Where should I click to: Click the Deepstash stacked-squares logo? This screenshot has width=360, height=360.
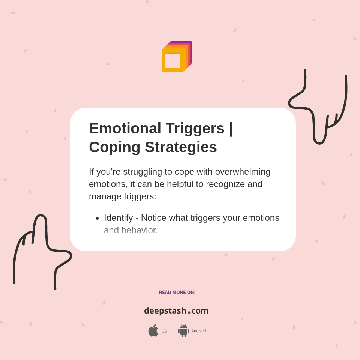pos(177,57)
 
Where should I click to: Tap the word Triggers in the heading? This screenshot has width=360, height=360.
pos(195,128)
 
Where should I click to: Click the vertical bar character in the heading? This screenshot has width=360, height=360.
pos(231,128)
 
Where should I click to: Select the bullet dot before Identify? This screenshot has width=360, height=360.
pos(97,218)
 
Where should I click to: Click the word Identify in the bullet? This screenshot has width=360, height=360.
pos(118,218)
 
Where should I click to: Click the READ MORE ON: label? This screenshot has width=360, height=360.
pos(177,292)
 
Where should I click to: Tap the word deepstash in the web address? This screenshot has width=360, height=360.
pos(165,310)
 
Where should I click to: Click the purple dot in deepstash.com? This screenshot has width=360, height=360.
pos(189,312)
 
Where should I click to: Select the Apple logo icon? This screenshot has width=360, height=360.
pos(153,331)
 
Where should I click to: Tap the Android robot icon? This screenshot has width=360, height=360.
pos(184,331)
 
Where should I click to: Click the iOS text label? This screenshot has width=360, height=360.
pos(163,331)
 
